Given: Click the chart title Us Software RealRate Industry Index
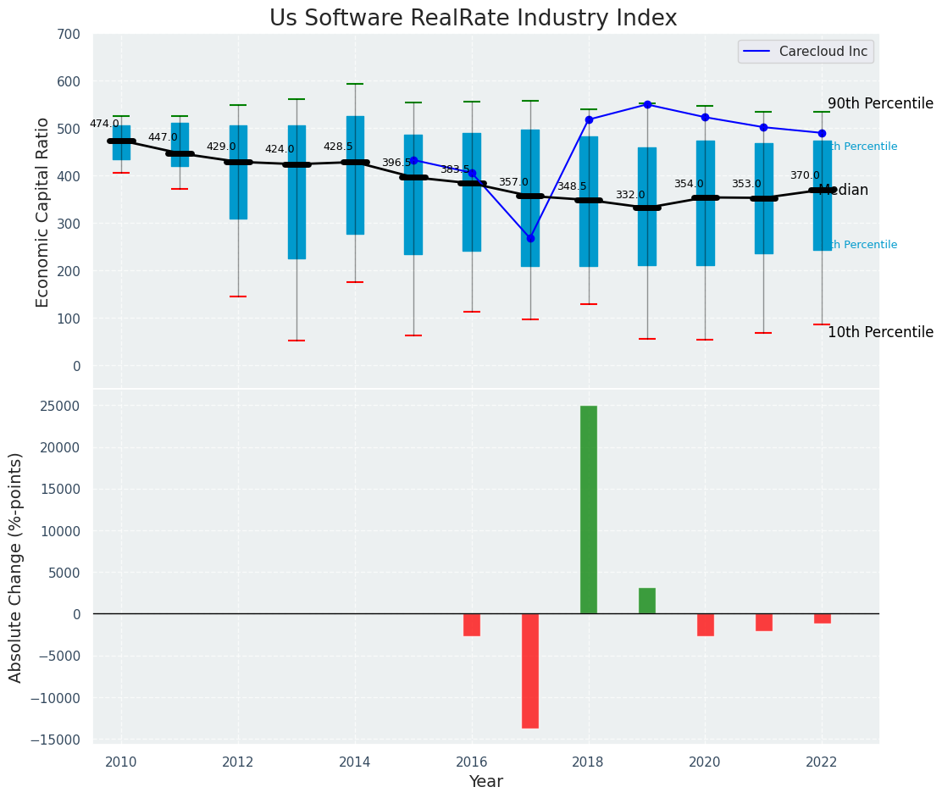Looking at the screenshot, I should tap(473, 19).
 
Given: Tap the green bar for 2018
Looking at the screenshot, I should tap(589, 509).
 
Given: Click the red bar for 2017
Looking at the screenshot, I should tap(530, 670).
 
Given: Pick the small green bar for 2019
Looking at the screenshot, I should tap(647, 601).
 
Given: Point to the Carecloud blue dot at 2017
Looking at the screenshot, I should tap(530, 238).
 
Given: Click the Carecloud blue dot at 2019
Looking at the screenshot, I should tap(647, 104).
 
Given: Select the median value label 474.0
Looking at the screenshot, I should tap(104, 124).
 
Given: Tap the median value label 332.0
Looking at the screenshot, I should tap(630, 195).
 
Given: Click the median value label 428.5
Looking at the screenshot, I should tap(338, 147).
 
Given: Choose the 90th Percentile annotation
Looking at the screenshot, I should tap(880, 103).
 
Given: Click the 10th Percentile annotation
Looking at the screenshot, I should tap(880, 332).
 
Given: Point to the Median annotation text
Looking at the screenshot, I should tap(845, 191).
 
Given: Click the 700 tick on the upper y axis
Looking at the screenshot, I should tap(69, 35).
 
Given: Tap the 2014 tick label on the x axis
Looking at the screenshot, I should tap(354, 762).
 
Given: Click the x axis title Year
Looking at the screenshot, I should tap(485, 782).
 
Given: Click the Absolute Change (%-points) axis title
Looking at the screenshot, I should tap(16, 567).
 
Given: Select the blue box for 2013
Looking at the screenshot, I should tap(296, 192).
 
